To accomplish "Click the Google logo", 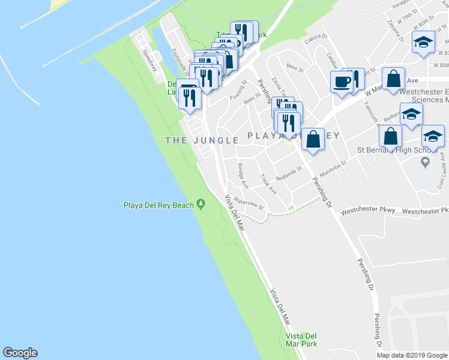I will pyautogui.click(x=20, y=353).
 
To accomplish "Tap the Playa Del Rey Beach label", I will pyautogui.click(x=158, y=205).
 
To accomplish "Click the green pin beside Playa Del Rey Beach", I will pyautogui.click(x=201, y=205).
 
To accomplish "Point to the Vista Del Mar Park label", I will pyautogui.click(x=301, y=340).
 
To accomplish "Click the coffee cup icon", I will pyautogui.click(x=342, y=82).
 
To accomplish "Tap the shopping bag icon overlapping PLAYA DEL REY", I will pyautogui.click(x=313, y=139).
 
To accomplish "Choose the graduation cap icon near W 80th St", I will pyautogui.click(x=423, y=43).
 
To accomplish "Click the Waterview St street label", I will pyautogui.click(x=249, y=202).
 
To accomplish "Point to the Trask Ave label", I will pyautogui.click(x=268, y=184).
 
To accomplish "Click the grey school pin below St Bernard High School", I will pyautogui.click(x=425, y=162).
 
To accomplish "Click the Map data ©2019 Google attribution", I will pyautogui.click(x=412, y=355).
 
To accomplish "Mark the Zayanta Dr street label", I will pyautogui.click(x=395, y=33).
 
